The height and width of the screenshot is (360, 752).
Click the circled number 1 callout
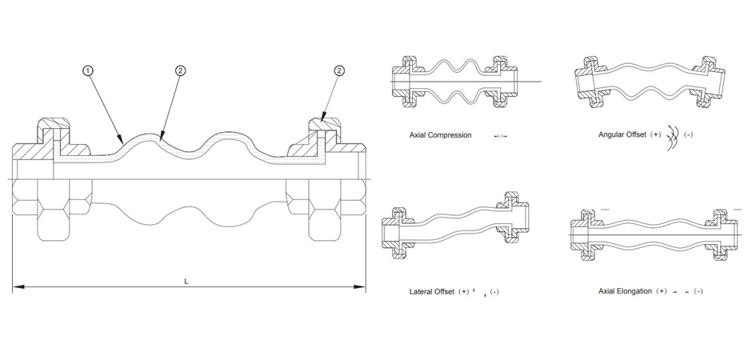tap(87, 71)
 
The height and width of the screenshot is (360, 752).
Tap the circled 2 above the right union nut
tap(339, 71)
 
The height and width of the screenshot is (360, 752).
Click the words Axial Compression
tap(440, 135)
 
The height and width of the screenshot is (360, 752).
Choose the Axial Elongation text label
tap(625, 291)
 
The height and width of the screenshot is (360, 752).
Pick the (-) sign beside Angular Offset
tap(688, 134)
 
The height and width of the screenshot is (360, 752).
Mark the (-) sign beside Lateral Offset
tap(494, 291)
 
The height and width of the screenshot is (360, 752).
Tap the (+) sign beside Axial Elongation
tap(662, 291)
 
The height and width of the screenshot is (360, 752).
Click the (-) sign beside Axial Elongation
tap(698, 291)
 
